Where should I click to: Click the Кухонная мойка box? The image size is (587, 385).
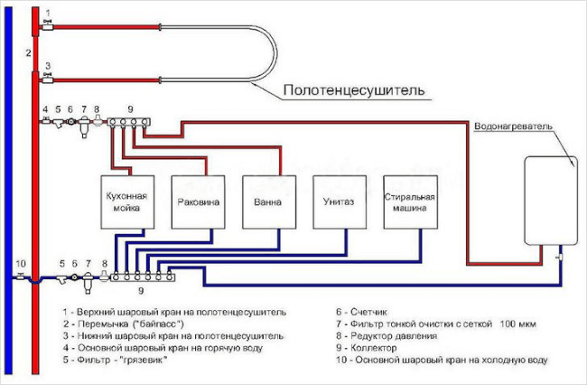[127, 202]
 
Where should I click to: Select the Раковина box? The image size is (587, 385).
[198, 202]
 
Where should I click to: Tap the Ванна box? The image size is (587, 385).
[269, 202]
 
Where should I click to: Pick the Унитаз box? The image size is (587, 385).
[340, 202]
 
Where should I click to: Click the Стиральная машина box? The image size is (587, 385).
[410, 202]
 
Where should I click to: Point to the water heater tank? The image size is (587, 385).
[551, 202]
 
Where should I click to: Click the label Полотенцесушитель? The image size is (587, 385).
[354, 90]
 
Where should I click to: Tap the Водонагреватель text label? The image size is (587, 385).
[513, 127]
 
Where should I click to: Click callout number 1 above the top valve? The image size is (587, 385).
[48, 14]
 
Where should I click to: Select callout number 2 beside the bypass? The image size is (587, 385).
[28, 52]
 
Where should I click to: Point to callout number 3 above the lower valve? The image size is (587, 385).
[48, 66]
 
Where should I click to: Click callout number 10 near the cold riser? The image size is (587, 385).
[21, 264]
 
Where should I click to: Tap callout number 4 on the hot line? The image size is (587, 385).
[45, 109]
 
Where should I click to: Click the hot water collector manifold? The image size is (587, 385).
[129, 122]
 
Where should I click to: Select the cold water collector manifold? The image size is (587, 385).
[143, 277]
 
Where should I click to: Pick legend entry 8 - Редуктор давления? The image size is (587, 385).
[387, 336]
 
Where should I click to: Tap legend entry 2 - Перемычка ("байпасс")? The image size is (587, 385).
[124, 324]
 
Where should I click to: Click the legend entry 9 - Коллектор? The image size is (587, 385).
[366, 348]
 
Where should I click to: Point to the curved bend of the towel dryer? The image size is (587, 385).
[276, 53]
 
